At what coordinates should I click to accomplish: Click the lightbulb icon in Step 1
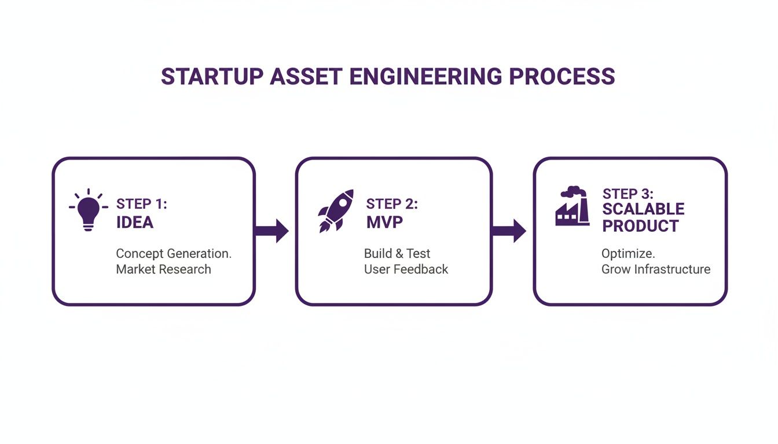click(x=89, y=210)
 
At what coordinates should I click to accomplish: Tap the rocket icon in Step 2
click(x=335, y=211)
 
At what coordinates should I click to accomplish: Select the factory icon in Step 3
click(x=572, y=206)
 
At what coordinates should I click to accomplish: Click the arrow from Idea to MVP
click(x=271, y=231)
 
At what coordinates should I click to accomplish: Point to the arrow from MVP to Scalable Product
click(x=509, y=231)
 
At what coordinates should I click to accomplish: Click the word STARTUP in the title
click(x=211, y=77)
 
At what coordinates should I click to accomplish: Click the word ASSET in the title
click(x=306, y=77)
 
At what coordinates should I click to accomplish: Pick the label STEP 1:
click(x=142, y=204)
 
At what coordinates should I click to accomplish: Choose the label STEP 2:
click(x=392, y=204)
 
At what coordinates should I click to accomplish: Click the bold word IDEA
click(x=135, y=223)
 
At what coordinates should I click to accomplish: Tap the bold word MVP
click(x=384, y=223)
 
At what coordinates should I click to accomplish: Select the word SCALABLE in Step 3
click(x=643, y=209)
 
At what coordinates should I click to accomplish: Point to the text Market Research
click(x=163, y=269)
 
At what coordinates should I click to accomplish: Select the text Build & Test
click(x=397, y=253)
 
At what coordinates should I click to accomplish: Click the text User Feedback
click(x=406, y=269)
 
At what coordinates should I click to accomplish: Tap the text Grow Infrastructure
click(x=656, y=269)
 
